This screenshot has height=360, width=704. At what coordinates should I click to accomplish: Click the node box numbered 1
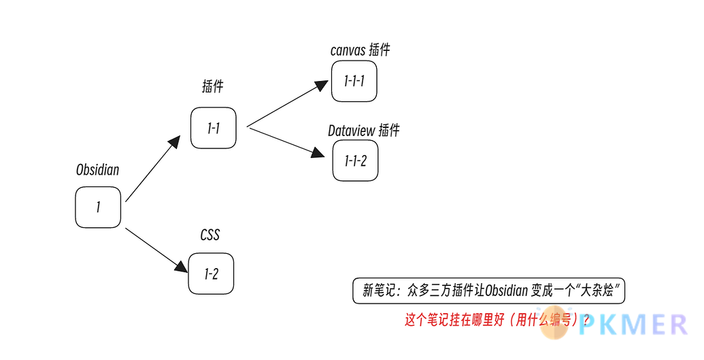(98, 207)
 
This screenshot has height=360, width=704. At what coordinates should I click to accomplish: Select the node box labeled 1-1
(213, 127)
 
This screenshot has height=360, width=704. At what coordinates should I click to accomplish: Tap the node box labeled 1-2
(211, 274)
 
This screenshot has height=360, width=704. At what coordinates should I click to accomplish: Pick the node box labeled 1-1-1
(354, 81)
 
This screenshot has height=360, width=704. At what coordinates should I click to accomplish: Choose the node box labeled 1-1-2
(355, 161)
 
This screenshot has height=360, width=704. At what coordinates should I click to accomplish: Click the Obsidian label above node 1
(97, 170)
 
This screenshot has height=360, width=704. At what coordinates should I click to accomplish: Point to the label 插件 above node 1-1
(213, 86)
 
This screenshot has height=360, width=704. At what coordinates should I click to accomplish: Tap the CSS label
(210, 235)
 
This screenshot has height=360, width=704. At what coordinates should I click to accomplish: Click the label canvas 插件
(360, 50)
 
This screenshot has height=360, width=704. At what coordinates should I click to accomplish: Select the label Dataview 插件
(363, 131)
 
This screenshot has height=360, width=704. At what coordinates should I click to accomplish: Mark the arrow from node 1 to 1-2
(156, 248)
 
